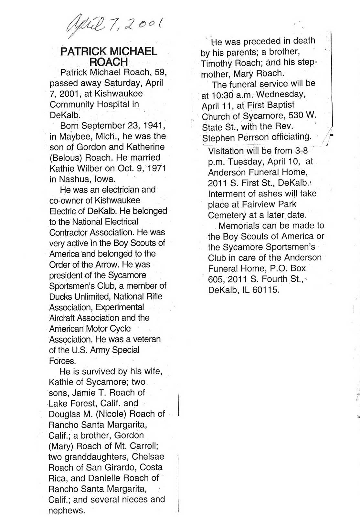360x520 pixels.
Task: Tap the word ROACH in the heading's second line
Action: [109, 62]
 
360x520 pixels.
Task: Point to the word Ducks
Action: [60, 296]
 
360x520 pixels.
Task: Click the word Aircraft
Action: [63, 318]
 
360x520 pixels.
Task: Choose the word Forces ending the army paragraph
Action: [62, 361]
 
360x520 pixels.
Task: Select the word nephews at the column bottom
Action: [66, 510]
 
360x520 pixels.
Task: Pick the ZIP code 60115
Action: [266, 290]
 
